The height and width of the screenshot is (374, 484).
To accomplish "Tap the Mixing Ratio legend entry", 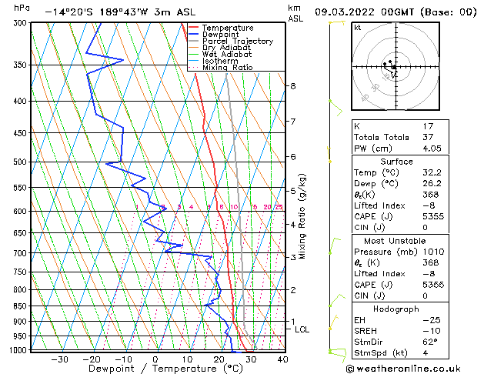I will [x=227, y=68].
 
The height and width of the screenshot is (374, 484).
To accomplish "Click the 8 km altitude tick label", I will [x=293, y=86].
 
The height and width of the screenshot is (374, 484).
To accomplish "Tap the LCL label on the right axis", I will [x=302, y=329].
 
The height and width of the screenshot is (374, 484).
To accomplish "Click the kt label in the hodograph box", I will [x=357, y=28].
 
